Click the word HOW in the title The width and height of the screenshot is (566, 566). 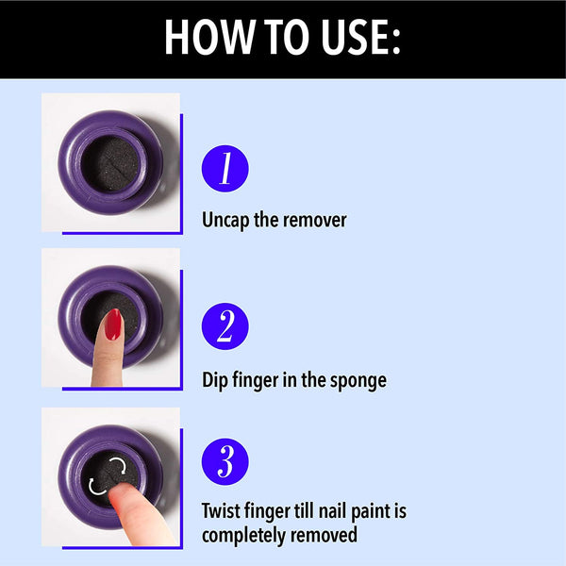tap(208, 37)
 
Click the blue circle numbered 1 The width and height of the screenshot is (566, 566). tap(225, 169)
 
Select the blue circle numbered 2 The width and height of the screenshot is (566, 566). tap(225, 326)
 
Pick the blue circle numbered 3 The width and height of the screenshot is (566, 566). tap(225, 461)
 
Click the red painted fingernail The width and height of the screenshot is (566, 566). tap(113, 325)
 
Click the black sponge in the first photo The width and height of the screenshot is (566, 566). tap(110, 163)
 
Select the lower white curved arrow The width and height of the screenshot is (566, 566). tap(96, 487)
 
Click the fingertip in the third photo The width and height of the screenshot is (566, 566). tap(122, 493)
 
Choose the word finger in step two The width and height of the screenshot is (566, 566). tap(256, 381)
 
